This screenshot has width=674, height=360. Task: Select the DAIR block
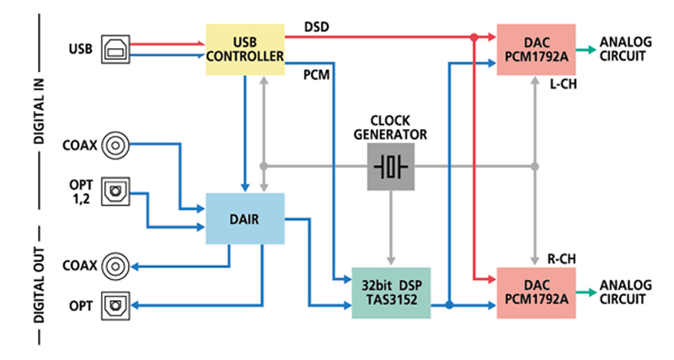click(x=245, y=218)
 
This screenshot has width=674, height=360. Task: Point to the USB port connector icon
click(x=114, y=50)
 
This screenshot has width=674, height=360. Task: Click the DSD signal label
click(x=316, y=27)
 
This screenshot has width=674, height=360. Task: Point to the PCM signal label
click(x=317, y=75)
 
